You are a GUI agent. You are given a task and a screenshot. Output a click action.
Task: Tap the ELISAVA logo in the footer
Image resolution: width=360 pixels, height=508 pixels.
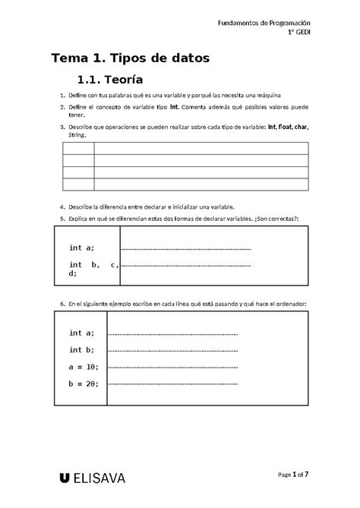point(92,478)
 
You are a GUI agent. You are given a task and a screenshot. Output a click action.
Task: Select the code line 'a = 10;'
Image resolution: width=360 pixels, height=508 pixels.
point(84,366)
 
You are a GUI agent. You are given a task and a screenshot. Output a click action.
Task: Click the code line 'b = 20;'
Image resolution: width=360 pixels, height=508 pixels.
point(84,383)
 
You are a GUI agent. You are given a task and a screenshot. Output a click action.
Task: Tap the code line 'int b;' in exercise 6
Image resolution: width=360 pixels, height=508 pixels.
point(81,349)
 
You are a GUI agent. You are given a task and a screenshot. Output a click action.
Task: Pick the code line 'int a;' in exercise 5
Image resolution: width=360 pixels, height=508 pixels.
point(81,248)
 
